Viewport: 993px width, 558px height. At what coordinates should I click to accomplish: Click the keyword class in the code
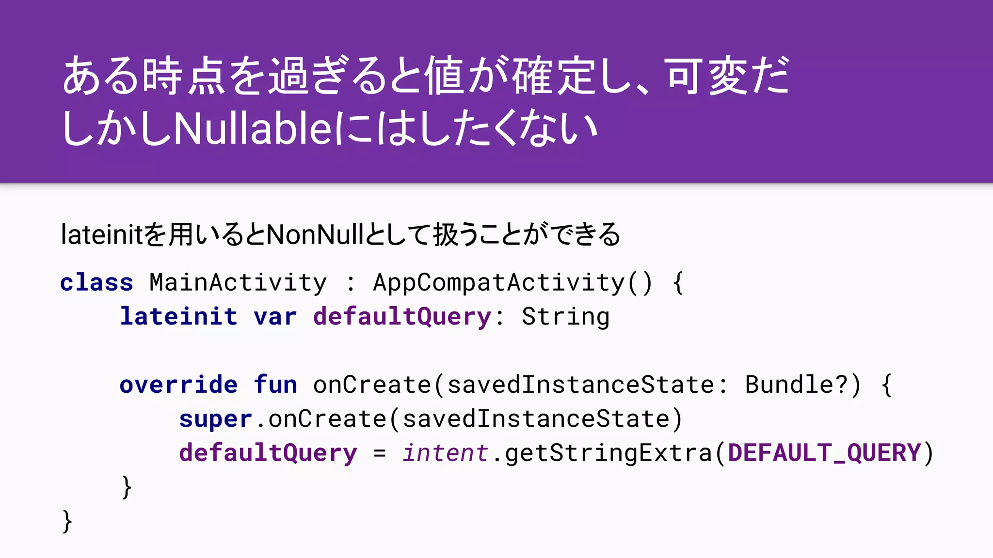click(x=96, y=282)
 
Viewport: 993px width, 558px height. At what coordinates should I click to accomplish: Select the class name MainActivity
click(x=238, y=282)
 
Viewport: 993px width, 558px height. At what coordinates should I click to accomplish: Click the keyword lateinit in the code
click(x=178, y=317)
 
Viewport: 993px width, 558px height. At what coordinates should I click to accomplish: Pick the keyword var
click(x=275, y=317)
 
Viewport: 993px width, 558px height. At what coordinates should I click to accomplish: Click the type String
click(x=565, y=317)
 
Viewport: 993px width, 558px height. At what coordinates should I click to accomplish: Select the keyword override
click(x=178, y=385)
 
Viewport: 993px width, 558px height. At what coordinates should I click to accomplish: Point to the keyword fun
click(x=275, y=385)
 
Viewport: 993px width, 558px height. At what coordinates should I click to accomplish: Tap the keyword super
click(x=215, y=419)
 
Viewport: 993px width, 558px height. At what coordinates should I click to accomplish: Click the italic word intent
click(x=445, y=453)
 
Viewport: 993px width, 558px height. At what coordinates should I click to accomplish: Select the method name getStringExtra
click(x=609, y=453)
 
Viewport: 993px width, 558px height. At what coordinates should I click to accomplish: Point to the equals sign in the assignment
click(x=380, y=453)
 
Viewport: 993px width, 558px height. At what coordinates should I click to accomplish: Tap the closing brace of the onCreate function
click(x=127, y=487)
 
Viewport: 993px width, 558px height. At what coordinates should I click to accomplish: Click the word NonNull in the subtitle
click(x=315, y=235)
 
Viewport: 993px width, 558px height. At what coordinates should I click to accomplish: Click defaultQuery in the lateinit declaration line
click(x=402, y=317)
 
